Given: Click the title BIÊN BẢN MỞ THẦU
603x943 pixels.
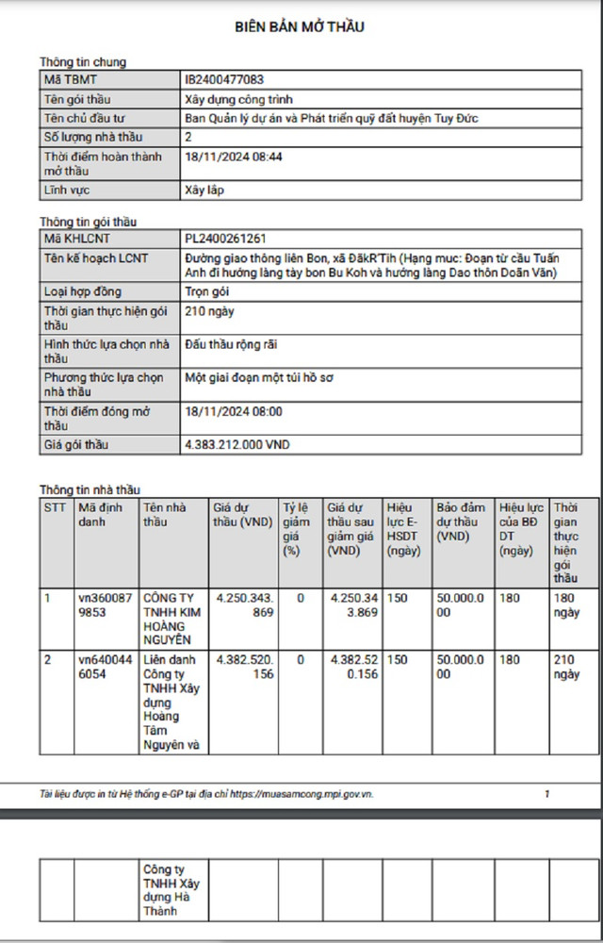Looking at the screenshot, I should [300, 27].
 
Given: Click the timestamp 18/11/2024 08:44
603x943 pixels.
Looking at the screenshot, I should [234, 157].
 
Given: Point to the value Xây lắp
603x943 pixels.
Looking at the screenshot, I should [204, 190].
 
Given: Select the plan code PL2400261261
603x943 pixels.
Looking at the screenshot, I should [233, 240].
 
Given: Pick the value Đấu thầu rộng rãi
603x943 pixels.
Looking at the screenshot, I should [231, 345].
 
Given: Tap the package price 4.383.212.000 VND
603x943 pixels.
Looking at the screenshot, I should [237, 442].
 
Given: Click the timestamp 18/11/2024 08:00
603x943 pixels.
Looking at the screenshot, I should [234, 412].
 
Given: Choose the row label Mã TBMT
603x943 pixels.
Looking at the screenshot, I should [71, 80].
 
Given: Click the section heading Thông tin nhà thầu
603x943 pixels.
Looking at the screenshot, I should [89, 489].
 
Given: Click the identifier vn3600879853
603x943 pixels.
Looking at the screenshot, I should [105, 604].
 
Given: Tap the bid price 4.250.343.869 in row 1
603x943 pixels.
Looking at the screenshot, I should [243, 604].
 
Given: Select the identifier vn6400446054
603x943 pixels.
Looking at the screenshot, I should [105, 667].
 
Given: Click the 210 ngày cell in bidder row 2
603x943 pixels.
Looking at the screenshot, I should [567, 667].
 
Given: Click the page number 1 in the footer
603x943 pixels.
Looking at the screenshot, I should [547, 794].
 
